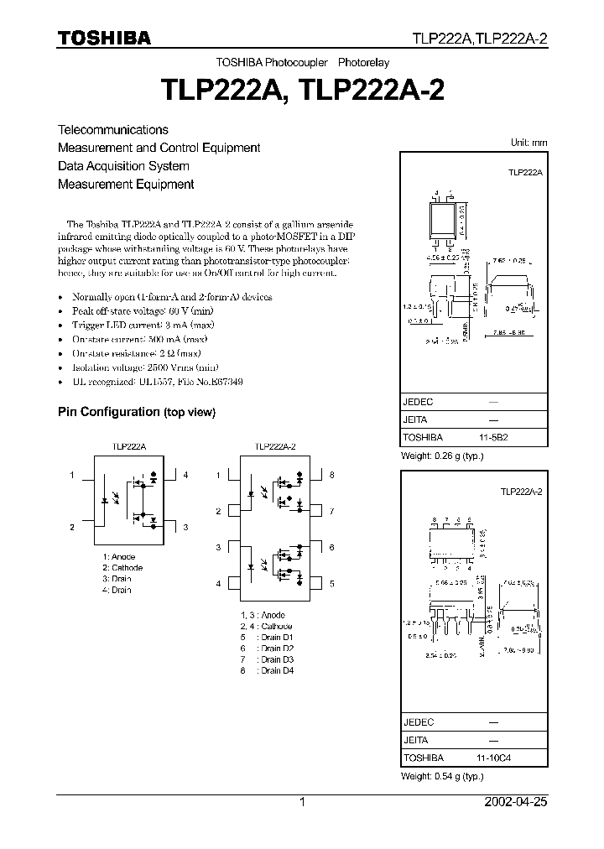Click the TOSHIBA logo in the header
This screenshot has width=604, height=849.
pyautogui.click(x=104, y=37)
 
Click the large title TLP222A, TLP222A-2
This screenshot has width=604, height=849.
pyautogui.click(x=302, y=90)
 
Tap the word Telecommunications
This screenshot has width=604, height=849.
pyautogui.click(x=112, y=130)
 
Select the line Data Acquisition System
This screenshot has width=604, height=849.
pyautogui.click(x=123, y=166)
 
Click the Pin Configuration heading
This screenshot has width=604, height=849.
pyautogui.click(x=136, y=412)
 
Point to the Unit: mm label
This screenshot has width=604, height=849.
pyautogui.click(x=528, y=143)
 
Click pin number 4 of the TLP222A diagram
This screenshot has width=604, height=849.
pyautogui.click(x=185, y=476)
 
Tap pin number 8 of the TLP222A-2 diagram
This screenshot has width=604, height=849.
pyautogui.click(x=331, y=476)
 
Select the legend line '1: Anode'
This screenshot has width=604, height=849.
pyautogui.click(x=119, y=557)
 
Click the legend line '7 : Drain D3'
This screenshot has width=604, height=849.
pyautogui.click(x=266, y=659)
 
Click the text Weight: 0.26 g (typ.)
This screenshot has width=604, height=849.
pyautogui.click(x=443, y=456)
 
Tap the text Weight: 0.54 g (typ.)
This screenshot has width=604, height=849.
pyautogui.click(x=443, y=776)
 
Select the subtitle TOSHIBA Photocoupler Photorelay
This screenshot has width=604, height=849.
pyautogui.click(x=302, y=63)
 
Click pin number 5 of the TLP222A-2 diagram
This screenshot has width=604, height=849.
pyautogui.click(x=331, y=583)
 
